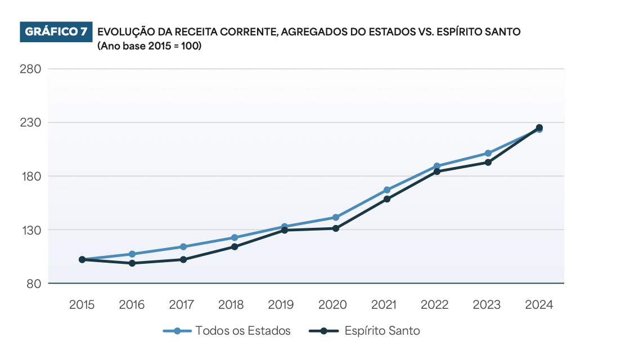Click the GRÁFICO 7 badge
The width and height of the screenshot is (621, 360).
[x=55, y=32]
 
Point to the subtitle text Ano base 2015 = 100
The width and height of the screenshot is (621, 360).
[x=149, y=46]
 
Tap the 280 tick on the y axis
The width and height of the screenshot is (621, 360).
[x=30, y=69]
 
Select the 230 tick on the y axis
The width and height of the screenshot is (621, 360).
[x=30, y=123]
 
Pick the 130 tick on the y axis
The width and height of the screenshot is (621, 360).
[x=30, y=230]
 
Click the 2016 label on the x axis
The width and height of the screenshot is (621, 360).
[x=132, y=305]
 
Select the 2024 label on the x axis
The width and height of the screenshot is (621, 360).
[x=539, y=305]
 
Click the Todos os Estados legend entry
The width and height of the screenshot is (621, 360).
[x=227, y=331]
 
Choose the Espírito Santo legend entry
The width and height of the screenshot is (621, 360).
[x=365, y=331]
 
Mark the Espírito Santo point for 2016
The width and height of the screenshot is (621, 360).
[x=132, y=263]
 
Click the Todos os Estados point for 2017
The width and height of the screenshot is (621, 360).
[x=183, y=247]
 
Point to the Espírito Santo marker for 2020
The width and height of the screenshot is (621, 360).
[x=336, y=228]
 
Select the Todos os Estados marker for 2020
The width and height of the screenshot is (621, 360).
[x=336, y=217]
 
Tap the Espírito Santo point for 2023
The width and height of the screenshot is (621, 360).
[x=488, y=163]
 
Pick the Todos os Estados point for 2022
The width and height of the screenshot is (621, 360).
[x=437, y=166]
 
